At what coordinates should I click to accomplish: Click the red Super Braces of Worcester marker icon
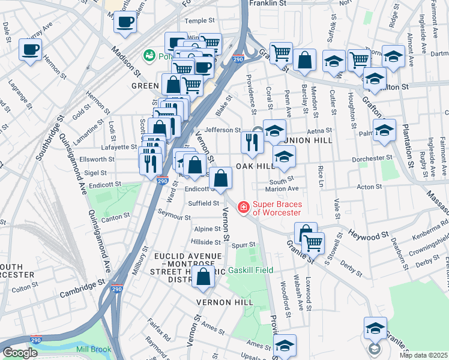point(244,208)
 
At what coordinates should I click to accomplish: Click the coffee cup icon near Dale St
point(30,50)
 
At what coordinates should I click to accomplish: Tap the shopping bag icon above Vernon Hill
point(204,277)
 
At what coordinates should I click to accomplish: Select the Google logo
point(20,352)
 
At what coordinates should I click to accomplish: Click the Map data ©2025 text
point(423,355)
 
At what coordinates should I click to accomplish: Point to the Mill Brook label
point(94,350)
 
